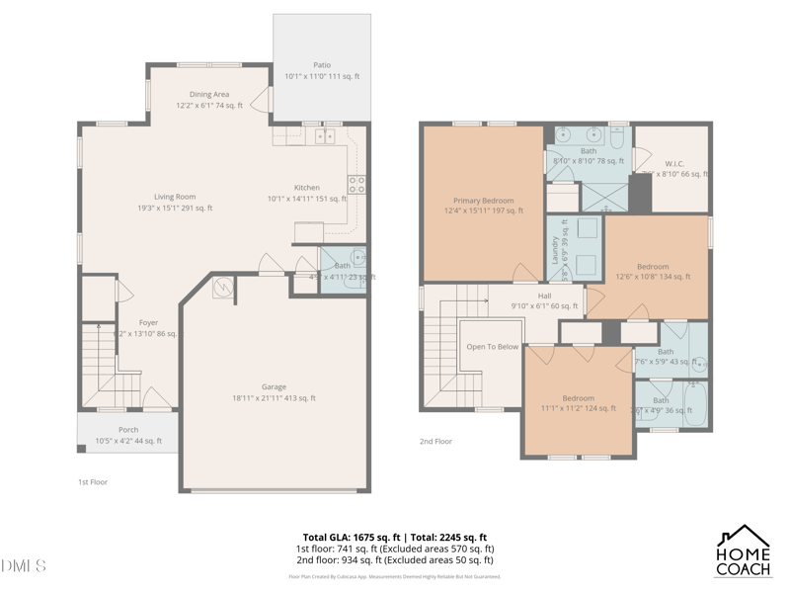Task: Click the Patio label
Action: (322, 64)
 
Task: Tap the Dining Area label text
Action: (209, 95)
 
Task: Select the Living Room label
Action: (175, 197)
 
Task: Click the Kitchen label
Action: (307, 188)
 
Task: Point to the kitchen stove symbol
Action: (356, 184)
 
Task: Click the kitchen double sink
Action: (325, 136)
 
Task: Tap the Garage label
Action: (274, 386)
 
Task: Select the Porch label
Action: (128, 430)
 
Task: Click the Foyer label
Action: (148, 322)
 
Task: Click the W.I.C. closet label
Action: (674, 163)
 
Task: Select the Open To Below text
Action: (492, 347)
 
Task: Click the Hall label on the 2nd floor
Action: (544, 296)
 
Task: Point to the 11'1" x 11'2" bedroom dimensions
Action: (578, 408)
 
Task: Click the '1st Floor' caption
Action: (93, 481)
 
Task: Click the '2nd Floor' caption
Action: (435, 441)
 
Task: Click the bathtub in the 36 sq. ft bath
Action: (695, 407)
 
